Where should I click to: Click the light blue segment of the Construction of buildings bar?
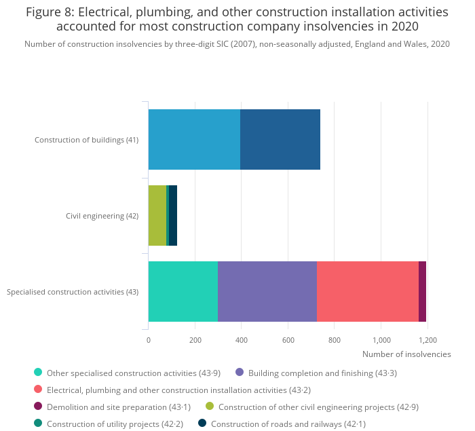194,139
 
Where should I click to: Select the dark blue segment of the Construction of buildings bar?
280,139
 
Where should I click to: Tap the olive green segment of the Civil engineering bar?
157,215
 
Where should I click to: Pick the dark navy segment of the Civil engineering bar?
173,215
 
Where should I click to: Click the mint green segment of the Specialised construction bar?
183,291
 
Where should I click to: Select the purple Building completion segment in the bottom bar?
267,291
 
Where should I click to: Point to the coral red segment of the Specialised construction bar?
368,291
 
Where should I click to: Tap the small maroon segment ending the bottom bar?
422,291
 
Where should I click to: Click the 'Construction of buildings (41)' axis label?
86,140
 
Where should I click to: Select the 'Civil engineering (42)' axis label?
102,216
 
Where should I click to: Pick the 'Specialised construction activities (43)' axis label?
73,292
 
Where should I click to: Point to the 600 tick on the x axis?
288,340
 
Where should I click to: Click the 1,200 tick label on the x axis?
427,340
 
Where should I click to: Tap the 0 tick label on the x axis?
149,340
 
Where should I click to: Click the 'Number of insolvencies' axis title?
406,354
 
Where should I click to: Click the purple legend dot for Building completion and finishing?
240,372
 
